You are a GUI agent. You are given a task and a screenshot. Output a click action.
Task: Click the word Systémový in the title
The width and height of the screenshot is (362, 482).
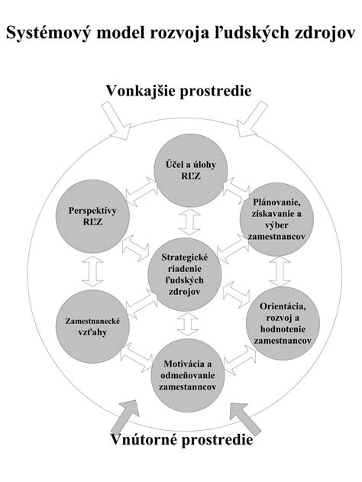click(x=49, y=33)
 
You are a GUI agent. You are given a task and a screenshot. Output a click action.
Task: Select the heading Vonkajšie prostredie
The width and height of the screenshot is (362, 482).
click(x=179, y=91)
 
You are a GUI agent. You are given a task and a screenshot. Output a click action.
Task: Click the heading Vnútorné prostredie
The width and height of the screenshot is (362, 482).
click(x=182, y=439)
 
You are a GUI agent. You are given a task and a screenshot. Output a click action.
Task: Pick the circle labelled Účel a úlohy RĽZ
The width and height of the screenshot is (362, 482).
click(x=190, y=170)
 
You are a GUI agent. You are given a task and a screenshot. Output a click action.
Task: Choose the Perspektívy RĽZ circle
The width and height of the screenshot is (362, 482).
click(x=92, y=216)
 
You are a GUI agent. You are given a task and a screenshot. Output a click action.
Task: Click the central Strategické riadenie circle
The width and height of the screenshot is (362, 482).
click(x=185, y=274)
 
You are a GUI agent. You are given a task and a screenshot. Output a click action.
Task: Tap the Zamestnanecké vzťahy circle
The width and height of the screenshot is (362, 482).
click(x=92, y=326)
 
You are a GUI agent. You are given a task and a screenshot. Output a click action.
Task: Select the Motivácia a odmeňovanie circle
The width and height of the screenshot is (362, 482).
click(x=187, y=375)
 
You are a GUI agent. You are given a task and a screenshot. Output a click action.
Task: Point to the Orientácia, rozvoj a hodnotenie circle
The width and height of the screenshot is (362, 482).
click(x=283, y=323)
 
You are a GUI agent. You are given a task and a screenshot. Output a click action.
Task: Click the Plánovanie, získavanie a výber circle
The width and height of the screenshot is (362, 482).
click(x=277, y=219)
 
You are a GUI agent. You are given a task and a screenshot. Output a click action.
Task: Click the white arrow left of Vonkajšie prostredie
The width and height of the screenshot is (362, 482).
click(x=116, y=121)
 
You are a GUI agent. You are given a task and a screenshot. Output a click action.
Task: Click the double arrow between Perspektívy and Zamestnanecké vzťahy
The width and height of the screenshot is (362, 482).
click(x=92, y=271)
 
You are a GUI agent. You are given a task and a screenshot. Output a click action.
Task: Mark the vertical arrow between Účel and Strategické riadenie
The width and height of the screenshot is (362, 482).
click(x=190, y=222)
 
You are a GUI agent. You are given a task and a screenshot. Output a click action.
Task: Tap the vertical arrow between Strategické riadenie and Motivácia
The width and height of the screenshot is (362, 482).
click(x=188, y=325)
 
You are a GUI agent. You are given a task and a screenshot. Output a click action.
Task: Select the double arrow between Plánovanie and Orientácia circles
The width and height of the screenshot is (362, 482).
click(x=280, y=271)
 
